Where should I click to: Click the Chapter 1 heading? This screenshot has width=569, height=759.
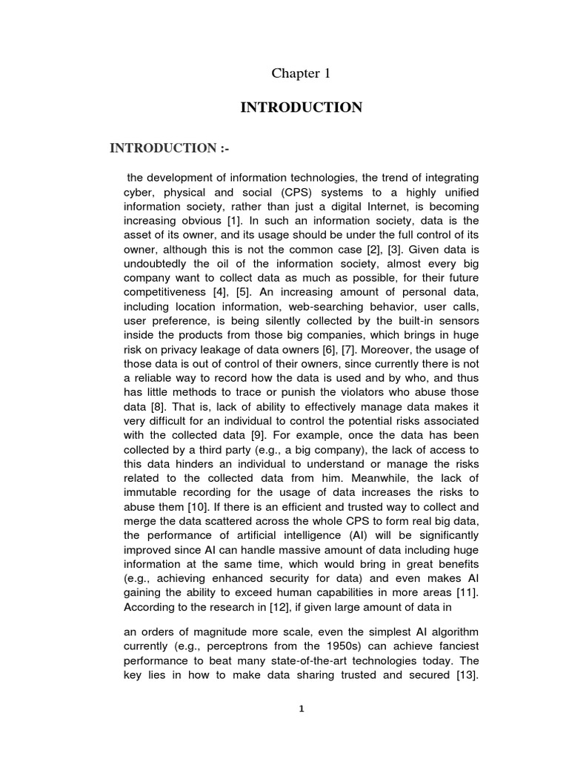pyautogui.click(x=301, y=73)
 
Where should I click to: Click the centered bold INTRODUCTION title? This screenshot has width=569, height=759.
pyautogui.click(x=301, y=108)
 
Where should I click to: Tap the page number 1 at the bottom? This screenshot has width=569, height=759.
pyautogui.click(x=301, y=709)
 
